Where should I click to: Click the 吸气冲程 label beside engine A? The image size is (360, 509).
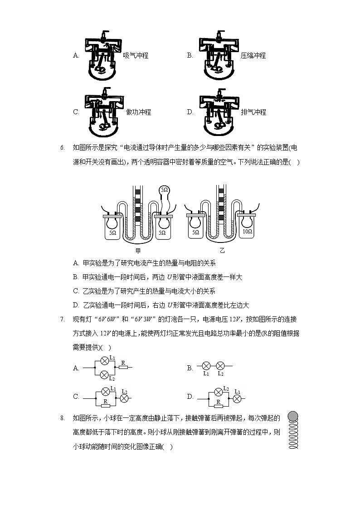pos(136,56)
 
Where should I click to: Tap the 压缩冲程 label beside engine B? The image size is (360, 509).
pos(253,56)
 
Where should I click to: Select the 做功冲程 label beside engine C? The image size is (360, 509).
pos(138,112)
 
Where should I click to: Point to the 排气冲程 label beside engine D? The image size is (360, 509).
pos(253,112)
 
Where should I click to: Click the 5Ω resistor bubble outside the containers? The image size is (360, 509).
pos(164,191)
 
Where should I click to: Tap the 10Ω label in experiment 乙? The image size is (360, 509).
pos(247,231)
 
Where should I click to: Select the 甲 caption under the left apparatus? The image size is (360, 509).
pos(138,250)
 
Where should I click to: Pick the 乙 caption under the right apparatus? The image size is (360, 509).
pos(222,250)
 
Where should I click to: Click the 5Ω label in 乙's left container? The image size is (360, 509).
pos(196,232)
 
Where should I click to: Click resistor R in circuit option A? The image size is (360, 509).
pos(122,368)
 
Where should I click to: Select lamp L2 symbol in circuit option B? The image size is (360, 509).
pos(220,365)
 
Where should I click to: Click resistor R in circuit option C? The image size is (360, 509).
pos(105,402)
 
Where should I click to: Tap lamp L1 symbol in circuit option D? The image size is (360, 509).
pos(237,398)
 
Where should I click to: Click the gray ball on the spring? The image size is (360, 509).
pos(293,416)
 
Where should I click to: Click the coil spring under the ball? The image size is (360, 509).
pos(293,436)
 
